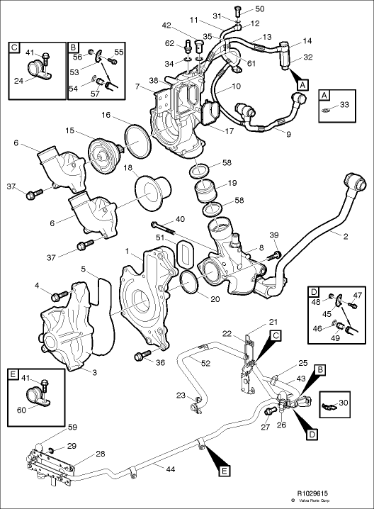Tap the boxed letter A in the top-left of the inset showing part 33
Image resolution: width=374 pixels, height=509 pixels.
click(324, 95)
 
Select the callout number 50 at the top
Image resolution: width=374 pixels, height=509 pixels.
click(259, 9)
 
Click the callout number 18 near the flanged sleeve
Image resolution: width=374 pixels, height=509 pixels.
click(128, 168)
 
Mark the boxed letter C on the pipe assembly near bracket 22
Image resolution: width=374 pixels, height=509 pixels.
click(276, 334)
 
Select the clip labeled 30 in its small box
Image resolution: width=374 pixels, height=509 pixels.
click(329, 405)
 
